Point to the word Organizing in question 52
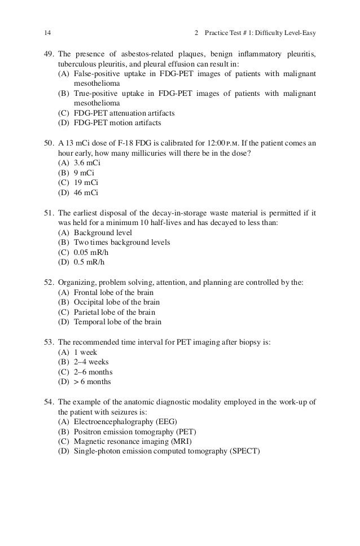[77, 283]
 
